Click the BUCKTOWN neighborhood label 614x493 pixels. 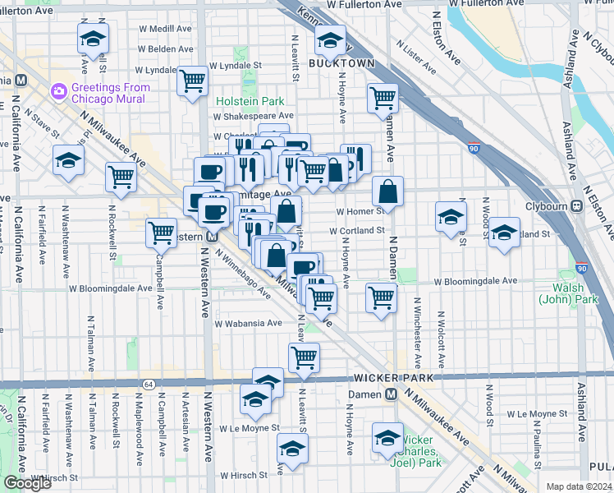tap(341, 63)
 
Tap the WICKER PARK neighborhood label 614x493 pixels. tap(387, 377)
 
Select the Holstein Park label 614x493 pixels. tap(250, 101)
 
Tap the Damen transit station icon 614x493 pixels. tap(392, 394)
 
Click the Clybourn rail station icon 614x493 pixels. tap(577, 207)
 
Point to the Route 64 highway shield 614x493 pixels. tap(148, 384)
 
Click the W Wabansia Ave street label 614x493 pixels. tap(250, 324)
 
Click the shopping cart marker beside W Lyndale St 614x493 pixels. tap(192, 81)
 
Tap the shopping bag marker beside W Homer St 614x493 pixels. tap(387, 191)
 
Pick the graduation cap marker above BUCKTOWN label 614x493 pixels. tap(329, 39)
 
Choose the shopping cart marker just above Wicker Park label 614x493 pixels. tap(304, 357)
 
